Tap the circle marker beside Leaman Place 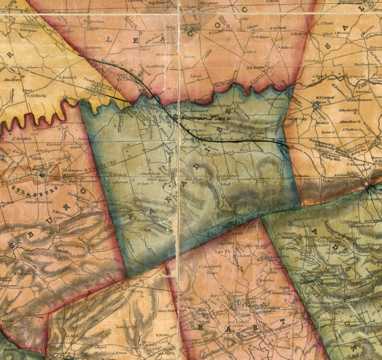176,117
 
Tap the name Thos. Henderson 365,65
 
